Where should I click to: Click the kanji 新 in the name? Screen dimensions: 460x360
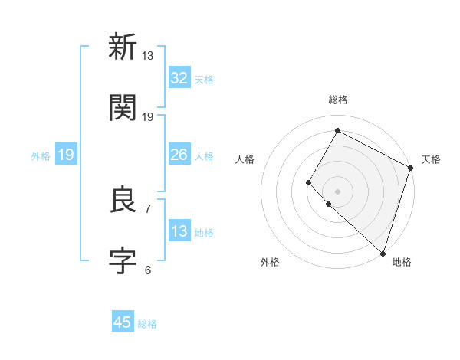(x=123, y=47)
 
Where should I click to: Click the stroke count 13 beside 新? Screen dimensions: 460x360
(x=148, y=56)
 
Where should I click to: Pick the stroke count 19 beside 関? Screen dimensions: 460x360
(x=148, y=116)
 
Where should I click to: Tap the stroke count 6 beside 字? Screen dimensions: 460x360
(x=148, y=270)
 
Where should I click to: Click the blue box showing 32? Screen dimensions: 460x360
(x=179, y=78)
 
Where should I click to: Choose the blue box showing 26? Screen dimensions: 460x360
(x=179, y=155)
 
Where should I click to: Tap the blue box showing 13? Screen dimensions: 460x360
(x=179, y=231)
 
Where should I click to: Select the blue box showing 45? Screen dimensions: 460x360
(x=123, y=322)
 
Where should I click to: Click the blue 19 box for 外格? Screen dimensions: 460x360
(x=66, y=155)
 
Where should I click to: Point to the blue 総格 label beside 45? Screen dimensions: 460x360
(x=147, y=324)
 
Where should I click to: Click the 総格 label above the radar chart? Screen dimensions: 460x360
(x=337, y=100)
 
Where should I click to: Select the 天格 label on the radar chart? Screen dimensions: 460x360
(x=431, y=159)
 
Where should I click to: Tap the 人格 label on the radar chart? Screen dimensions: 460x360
(x=245, y=159)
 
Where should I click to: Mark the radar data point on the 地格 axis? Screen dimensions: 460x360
(x=383, y=253)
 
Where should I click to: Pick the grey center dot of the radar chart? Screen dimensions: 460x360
(x=337, y=191)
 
